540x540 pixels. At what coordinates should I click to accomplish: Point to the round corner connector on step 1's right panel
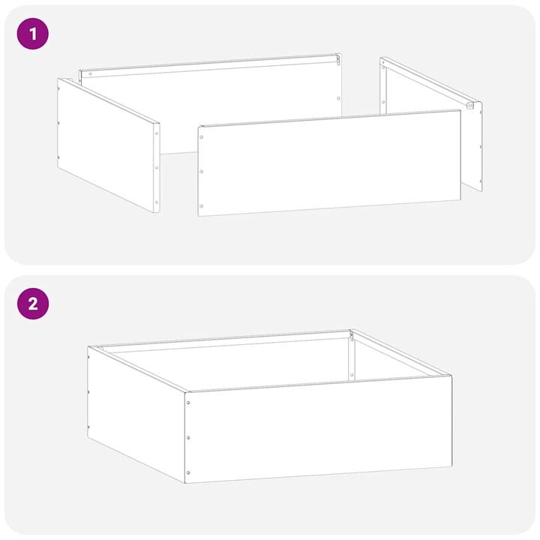(x=470, y=106)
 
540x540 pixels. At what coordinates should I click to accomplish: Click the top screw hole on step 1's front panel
(x=202, y=137)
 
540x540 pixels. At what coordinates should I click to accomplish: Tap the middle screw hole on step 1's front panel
(x=202, y=172)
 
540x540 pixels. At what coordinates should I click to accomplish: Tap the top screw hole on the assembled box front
(x=188, y=403)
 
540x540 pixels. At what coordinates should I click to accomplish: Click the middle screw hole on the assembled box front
(x=188, y=438)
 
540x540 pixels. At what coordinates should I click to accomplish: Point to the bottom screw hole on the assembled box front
(x=188, y=472)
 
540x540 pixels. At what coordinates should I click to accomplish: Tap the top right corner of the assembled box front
(x=451, y=376)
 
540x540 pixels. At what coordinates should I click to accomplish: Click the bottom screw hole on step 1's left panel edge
(x=156, y=202)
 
